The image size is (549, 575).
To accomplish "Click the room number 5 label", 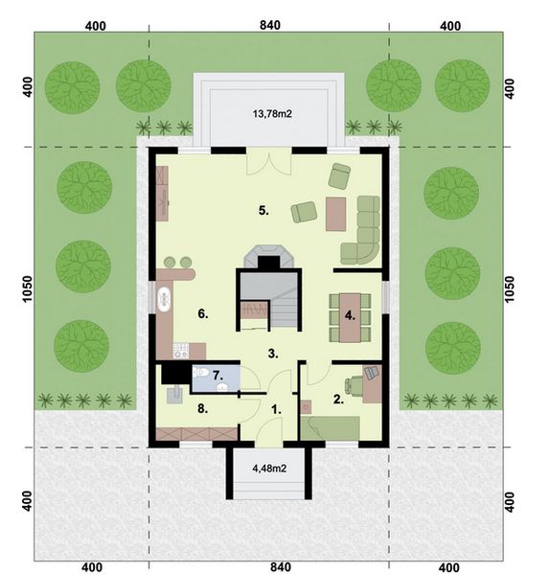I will coord(263,209).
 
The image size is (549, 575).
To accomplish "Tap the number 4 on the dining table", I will coord(351,314).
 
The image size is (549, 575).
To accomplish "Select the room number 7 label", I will coord(217,375).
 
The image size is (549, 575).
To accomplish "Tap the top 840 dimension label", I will coord(269,26).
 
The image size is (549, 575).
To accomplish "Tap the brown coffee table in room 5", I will coord(335,213).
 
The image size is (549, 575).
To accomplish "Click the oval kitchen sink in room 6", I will coord(165,297).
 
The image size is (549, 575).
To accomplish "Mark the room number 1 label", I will coord(277,408).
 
